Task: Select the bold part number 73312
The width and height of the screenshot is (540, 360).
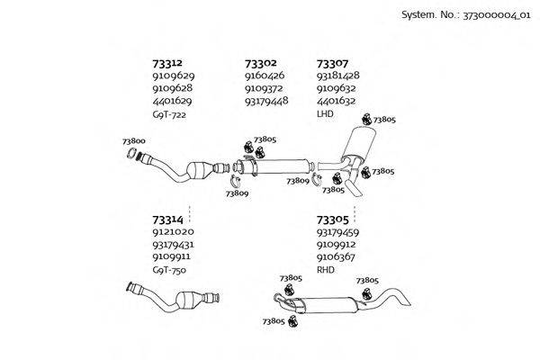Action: (x=167, y=63)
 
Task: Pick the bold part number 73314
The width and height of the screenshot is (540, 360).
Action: (x=167, y=219)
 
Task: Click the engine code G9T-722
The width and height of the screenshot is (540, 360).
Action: (x=169, y=114)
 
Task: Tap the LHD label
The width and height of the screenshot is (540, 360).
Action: (x=325, y=114)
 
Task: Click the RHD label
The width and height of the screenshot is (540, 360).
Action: (x=326, y=270)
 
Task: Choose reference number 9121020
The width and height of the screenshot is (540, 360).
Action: (x=172, y=231)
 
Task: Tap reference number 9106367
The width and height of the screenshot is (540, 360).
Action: (x=336, y=256)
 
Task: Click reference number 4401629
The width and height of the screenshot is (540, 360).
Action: (x=172, y=101)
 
